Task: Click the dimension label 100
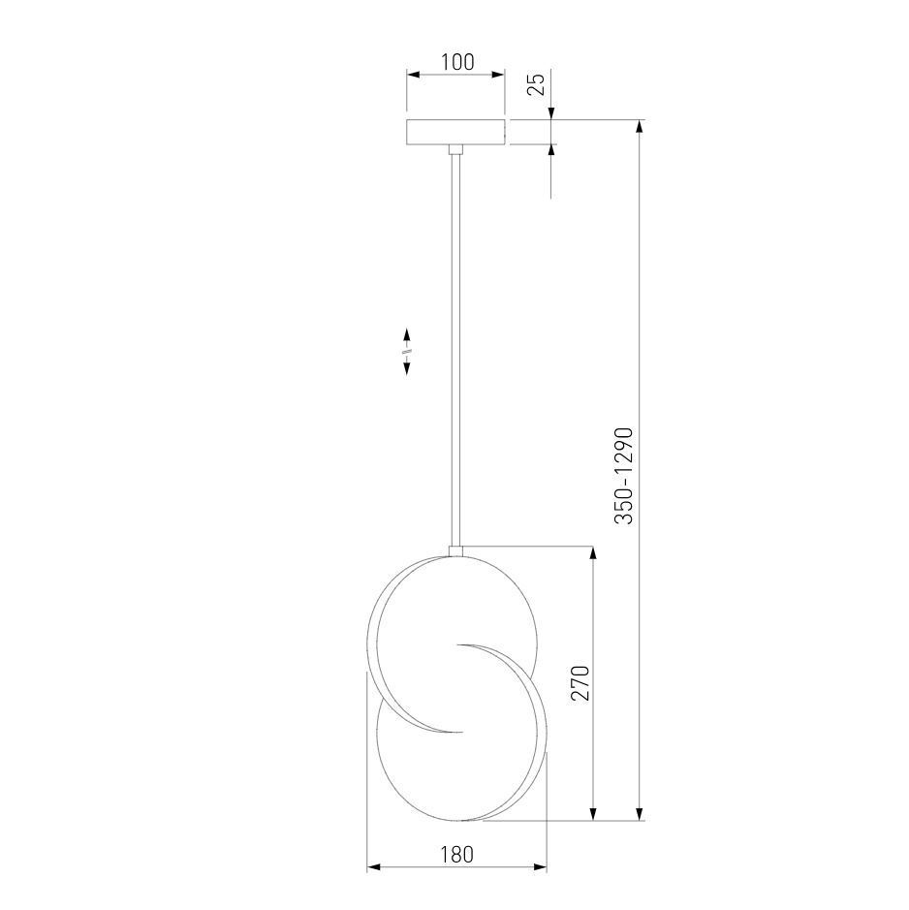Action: click(457, 61)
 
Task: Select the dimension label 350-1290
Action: click(624, 477)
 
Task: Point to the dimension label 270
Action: click(580, 683)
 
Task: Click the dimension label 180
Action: click(456, 855)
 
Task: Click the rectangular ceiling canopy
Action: click(455, 132)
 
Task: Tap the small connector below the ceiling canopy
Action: click(455, 149)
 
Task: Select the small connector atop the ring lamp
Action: click(455, 550)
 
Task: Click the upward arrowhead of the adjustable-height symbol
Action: click(407, 335)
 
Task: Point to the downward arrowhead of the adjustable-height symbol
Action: click(407, 368)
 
